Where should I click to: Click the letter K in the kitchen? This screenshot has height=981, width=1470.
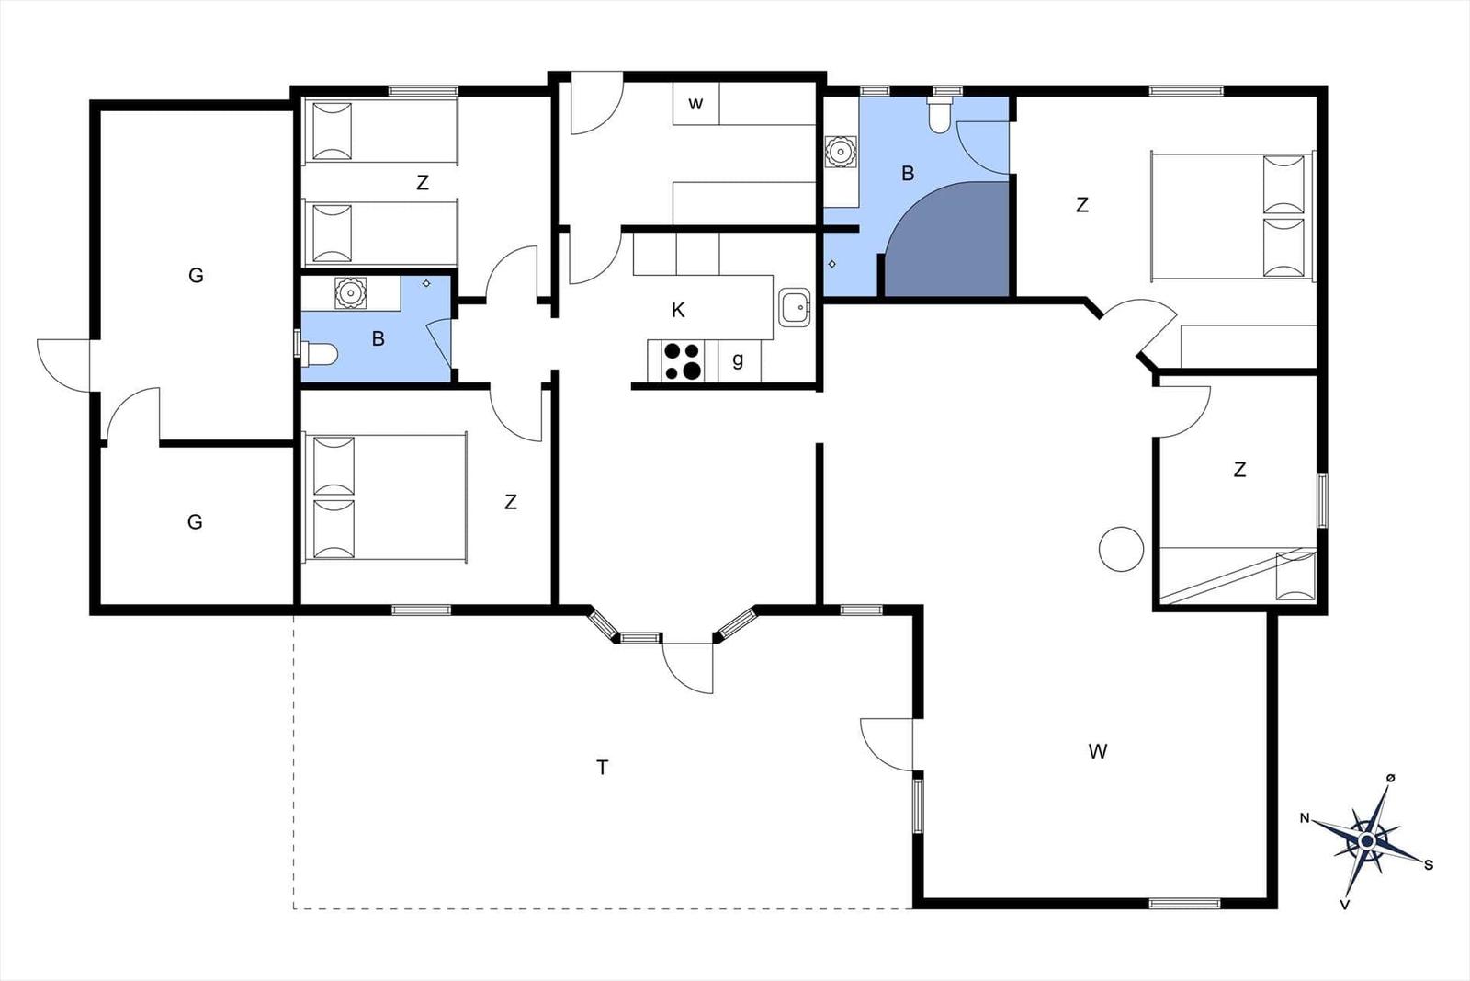tap(678, 310)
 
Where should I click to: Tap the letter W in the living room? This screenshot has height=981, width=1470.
tap(1098, 751)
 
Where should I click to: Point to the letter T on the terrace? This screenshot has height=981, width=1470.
tap(602, 767)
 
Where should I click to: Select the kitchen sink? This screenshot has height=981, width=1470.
tap(795, 307)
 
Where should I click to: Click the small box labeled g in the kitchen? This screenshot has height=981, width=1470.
tap(739, 359)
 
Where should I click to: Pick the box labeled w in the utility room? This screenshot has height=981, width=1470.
tap(695, 103)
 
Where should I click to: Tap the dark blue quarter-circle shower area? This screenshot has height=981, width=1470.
tap(947, 239)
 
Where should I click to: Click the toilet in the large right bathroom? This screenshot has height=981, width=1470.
tap(940, 116)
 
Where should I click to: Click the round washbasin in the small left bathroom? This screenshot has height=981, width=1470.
tap(350, 292)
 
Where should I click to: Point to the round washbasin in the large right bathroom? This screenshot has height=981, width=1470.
tap(840, 152)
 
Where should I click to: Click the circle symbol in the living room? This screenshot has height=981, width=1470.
tap(1121, 549)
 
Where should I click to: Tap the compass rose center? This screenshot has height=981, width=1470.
tap(1367, 840)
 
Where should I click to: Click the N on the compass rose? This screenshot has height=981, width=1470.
tap(1305, 818)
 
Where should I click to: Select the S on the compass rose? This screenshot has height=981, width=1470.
tap(1428, 865)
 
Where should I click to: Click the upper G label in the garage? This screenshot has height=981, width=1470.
tap(196, 275)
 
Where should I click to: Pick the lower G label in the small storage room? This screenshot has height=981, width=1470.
tap(194, 522)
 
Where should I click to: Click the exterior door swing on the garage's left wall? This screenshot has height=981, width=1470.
tap(63, 365)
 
